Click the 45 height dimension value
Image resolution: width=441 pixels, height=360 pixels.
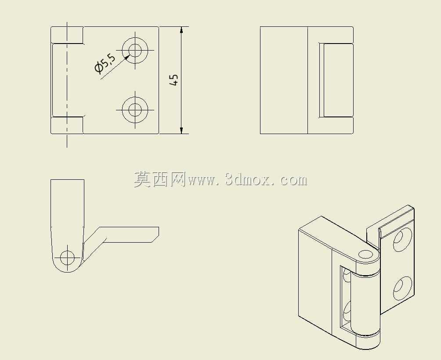coord(174,80)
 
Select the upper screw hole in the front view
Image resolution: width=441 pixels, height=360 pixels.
coord(135,51)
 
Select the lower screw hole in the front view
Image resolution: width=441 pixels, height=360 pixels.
coord(135,109)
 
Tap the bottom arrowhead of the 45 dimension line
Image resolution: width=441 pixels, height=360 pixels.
coord(181,130)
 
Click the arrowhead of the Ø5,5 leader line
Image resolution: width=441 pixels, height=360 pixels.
coord(127,57)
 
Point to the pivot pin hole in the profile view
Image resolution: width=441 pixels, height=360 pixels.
coord(67,258)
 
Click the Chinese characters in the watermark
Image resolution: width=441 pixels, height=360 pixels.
coord(159,180)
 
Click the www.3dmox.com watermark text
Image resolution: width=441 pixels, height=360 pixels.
coord(247,180)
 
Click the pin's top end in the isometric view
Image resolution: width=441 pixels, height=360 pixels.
coord(365,255)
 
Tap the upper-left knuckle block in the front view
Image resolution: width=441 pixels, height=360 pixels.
coord(67,35)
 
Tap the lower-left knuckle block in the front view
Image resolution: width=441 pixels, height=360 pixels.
coord(67,125)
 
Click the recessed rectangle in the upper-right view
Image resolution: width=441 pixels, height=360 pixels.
coord(336,80)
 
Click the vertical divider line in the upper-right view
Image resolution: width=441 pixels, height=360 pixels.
coord(307,80)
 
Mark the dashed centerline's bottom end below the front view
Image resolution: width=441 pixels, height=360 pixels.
coord(67,147)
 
